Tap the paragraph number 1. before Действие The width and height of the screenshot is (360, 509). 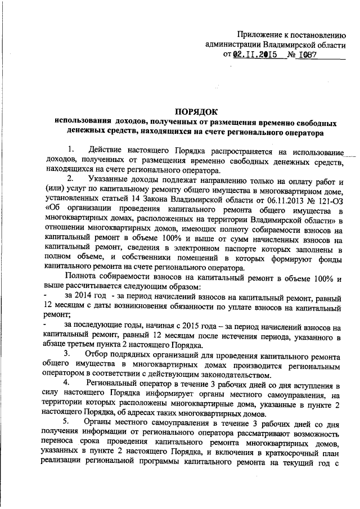pyautogui.click(x=70, y=151)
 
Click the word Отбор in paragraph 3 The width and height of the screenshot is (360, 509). pyautogui.click(x=99, y=355)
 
